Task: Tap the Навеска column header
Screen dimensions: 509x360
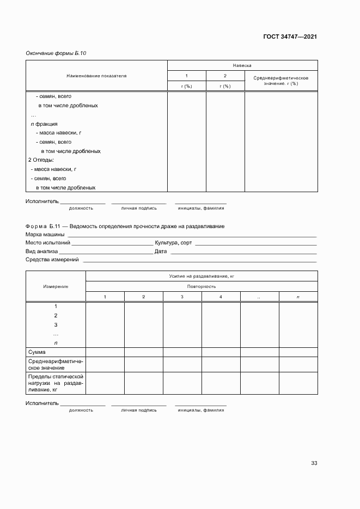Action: pyautogui.click(x=242, y=65)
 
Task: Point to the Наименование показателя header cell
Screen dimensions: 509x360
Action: pyautogui.click(x=96, y=76)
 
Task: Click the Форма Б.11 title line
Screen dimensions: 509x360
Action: pyautogui.click(x=125, y=226)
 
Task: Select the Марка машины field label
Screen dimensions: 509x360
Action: pyautogui.click(x=45, y=235)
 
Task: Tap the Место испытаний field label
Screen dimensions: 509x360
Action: pyautogui.click(x=48, y=243)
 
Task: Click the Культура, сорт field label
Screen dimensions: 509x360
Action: pyautogui.click(x=173, y=243)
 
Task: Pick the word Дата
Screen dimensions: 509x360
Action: pyautogui.click(x=161, y=252)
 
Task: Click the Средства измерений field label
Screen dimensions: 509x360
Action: pyautogui.click(x=52, y=260)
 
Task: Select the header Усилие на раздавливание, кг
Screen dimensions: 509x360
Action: pyautogui.click(x=202, y=277)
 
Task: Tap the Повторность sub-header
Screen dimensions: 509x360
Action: pyautogui.click(x=202, y=286)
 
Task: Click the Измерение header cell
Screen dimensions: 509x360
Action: pyautogui.click(x=56, y=286)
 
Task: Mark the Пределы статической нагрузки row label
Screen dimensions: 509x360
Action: pyautogui.click(x=55, y=383)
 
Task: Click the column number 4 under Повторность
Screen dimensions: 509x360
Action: pyautogui.click(x=221, y=296)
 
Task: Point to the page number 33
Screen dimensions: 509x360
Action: pyautogui.click(x=314, y=463)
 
